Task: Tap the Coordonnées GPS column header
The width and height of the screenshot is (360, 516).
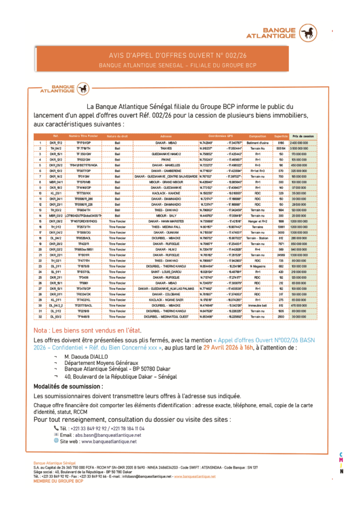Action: pos(221,137)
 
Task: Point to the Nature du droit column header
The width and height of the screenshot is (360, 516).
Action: pos(117,137)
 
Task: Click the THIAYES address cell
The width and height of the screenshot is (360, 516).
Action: pos(166,149)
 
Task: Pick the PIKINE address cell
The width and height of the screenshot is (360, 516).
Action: pos(166,159)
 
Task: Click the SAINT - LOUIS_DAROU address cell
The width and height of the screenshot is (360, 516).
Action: pos(166,271)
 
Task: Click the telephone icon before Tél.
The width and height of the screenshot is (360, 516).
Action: pos(56,428)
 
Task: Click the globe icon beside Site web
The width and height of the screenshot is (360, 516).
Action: pos(56,441)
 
